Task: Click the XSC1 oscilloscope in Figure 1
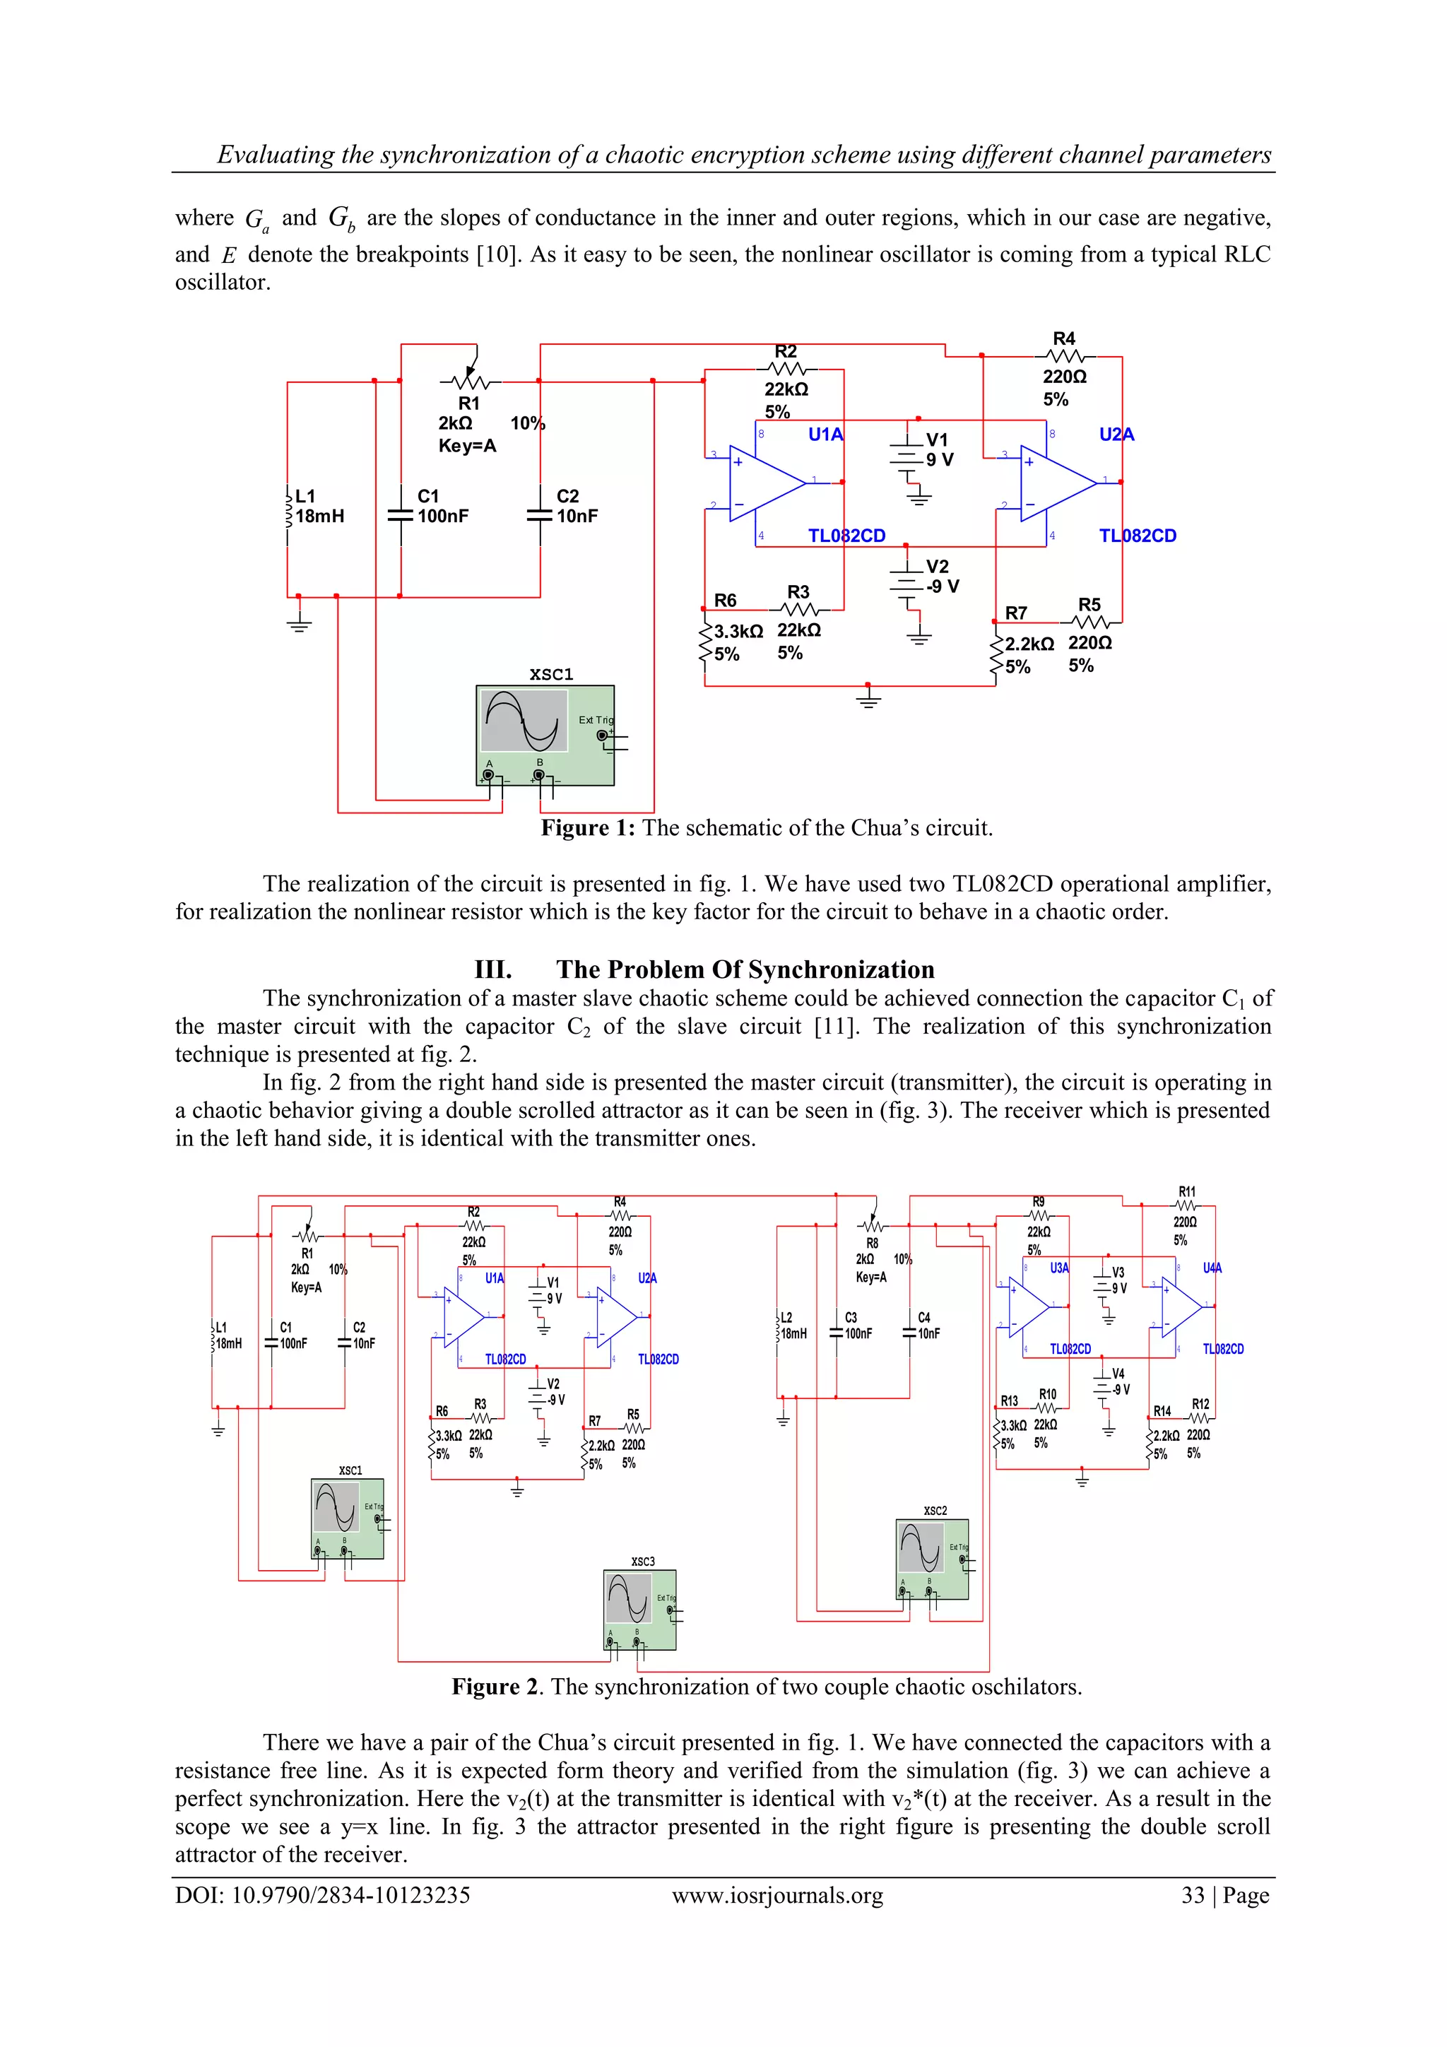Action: [x=545, y=735]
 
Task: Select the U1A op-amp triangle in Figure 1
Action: [x=765, y=483]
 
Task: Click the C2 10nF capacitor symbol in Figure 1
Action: [x=541, y=515]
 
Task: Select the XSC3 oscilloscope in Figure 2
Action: [x=639, y=1609]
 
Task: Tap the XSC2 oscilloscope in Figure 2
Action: [x=932, y=1559]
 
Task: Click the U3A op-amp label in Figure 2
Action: [x=1059, y=1268]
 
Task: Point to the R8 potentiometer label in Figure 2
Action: [x=871, y=1244]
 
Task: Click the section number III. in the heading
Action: [x=492, y=970]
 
